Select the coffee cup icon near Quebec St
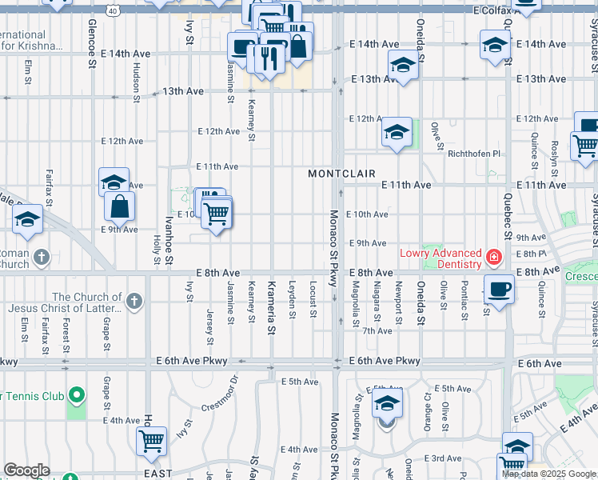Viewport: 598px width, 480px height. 500,289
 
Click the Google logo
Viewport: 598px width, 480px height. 26,470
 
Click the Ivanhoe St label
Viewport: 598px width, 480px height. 169,238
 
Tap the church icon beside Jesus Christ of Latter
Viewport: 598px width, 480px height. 134,301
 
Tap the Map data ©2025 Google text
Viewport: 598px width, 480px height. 548,473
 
